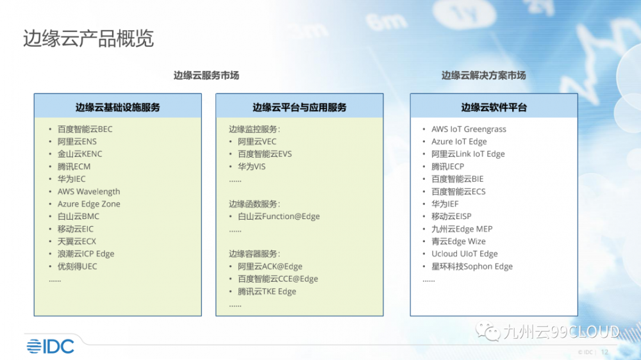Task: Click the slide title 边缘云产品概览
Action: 88,38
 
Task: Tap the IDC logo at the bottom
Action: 50,347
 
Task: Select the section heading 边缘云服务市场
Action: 206,75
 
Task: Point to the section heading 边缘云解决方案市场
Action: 483,75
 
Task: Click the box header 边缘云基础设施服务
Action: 118,108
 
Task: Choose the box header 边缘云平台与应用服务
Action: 299,108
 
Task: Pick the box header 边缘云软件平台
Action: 494,108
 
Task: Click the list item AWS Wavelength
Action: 88,192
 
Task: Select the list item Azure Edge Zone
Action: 88,204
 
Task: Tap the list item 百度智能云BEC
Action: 85,129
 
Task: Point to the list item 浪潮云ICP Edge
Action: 86,254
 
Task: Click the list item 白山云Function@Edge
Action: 279,216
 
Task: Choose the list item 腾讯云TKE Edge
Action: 267,291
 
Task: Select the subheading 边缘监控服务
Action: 253,129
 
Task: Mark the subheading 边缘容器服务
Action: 253,254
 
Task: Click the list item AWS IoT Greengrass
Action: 469,129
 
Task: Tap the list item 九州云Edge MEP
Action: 462,229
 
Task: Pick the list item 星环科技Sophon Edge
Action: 472,266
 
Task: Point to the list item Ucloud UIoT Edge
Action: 465,254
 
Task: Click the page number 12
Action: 604,352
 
